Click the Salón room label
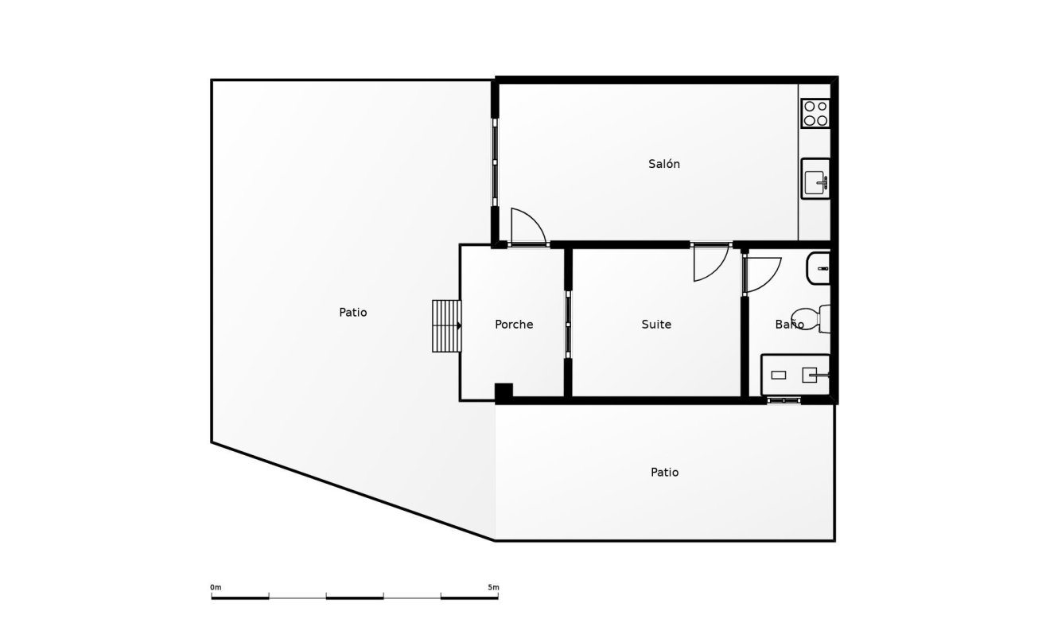click(664, 164)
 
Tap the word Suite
click(656, 325)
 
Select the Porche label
click(514, 325)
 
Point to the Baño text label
click(789, 325)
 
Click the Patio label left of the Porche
click(353, 313)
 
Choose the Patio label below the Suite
click(665, 473)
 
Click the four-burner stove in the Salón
click(815, 113)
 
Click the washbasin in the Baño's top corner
click(819, 269)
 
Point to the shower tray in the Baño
click(795, 375)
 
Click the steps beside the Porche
click(446, 325)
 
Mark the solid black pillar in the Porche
click(504, 391)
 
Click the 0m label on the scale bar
click(216, 587)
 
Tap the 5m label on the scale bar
click(493, 587)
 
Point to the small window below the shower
click(784, 400)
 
